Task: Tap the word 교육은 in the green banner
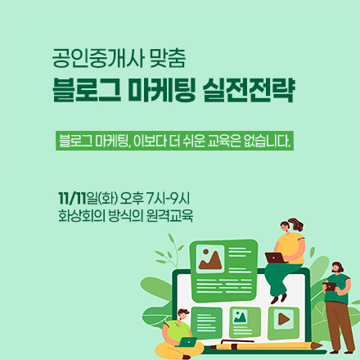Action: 221,140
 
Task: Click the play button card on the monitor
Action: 282,318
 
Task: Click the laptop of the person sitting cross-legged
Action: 187,342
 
